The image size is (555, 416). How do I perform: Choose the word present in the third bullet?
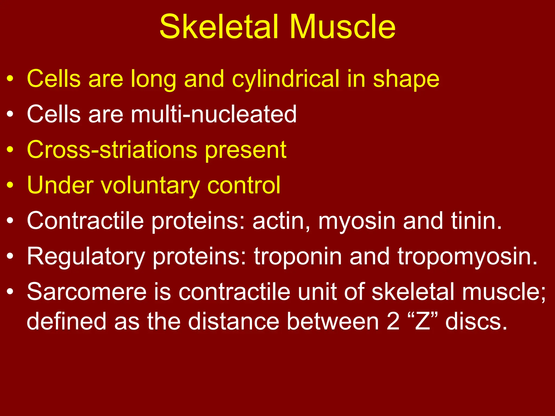pyautogui.click(x=246, y=150)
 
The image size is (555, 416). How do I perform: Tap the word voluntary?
pyautogui.click(x=150, y=186)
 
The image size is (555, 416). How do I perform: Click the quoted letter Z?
pyautogui.click(x=423, y=321)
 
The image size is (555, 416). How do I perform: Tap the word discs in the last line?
pyautogui.click(x=476, y=321)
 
